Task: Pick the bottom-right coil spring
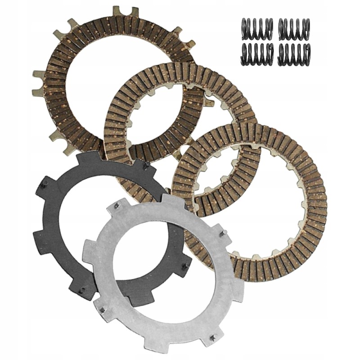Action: pyautogui.click(x=294, y=54)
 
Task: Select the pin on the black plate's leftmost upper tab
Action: pyautogui.click(x=45, y=183)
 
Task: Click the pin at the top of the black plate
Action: pyautogui.click(x=146, y=166)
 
